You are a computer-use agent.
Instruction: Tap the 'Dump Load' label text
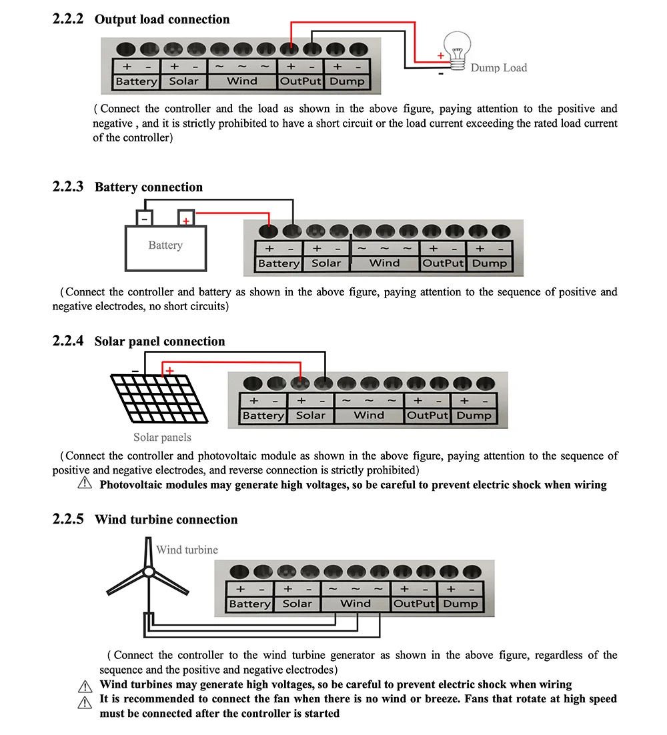click(498, 67)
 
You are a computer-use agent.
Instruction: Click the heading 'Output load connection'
click(162, 19)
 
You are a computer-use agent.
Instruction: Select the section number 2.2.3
click(68, 187)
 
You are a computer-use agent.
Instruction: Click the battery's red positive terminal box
click(186, 219)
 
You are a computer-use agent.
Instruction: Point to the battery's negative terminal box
click(144, 218)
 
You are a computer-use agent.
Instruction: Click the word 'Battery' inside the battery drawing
click(165, 245)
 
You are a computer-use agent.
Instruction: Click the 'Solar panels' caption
click(162, 438)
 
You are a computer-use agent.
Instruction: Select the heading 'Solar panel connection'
click(160, 341)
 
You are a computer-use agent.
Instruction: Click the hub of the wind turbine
click(149, 572)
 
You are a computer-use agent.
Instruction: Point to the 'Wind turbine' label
click(187, 550)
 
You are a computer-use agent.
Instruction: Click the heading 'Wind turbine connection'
click(166, 520)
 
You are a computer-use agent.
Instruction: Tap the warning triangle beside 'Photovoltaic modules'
click(85, 484)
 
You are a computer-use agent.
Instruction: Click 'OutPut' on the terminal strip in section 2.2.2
click(300, 81)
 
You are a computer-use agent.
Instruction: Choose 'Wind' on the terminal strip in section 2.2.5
click(356, 604)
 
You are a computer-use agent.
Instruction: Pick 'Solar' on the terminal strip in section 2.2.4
click(311, 416)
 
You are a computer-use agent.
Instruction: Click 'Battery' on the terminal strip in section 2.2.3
click(279, 263)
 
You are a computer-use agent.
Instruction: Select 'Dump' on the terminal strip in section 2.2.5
click(460, 604)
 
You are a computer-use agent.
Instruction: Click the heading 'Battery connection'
click(149, 187)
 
